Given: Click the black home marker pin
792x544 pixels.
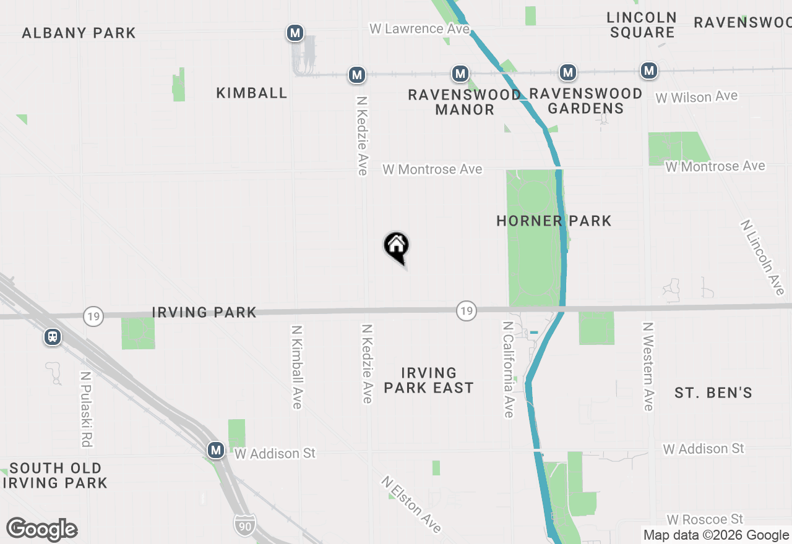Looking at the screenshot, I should pos(397,246).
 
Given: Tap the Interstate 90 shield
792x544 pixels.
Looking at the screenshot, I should pos(245,525).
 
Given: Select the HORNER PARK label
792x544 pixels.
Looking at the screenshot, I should pos(554,221).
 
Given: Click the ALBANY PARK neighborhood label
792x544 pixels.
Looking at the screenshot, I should pos(79,33).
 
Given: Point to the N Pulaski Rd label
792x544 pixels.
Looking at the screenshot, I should pos(86,409).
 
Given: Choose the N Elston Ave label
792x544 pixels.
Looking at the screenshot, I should pos(411,504).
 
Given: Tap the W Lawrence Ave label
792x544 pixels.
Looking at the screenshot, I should pos(415,28).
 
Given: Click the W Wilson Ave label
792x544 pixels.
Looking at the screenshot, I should pos(697,97).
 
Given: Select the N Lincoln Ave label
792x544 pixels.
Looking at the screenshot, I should pos(762,257).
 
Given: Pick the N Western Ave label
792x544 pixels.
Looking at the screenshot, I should pos(648,366).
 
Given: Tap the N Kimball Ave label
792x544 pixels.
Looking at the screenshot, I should pos(296,367).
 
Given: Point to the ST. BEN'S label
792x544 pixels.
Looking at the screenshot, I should pos(713,393).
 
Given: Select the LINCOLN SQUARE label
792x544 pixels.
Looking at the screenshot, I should pos(642,25).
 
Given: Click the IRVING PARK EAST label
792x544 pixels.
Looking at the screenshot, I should pos(429,380).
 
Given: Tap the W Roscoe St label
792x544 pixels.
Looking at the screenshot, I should pos(705,519).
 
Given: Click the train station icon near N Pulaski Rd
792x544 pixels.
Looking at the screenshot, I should pos(53,337).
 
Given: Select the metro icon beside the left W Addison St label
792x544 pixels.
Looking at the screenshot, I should pos(216,450).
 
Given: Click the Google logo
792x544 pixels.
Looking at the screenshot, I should pos(41,530).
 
